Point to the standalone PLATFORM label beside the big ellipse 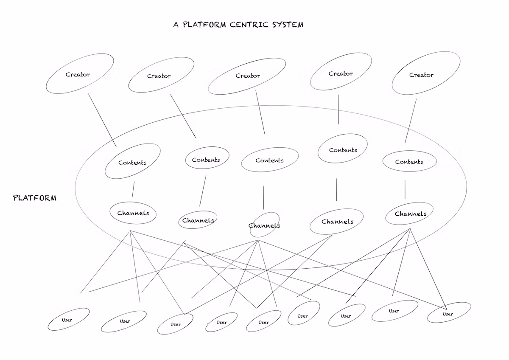pyautogui.click(x=35, y=198)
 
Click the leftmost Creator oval pyautogui.click(x=79, y=74)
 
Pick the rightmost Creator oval pyautogui.click(x=425, y=73)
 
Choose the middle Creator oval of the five pyautogui.click(x=247, y=76)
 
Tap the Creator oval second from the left pyautogui.click(x=161, y=76)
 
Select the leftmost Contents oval pyautogui.click(x=132, y=162)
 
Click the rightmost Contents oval pyautogui.click(x=409, y=161)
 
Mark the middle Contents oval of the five pyautogui.click(x=270, y=160)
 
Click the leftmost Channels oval pyautogui.click(x=133, y=213)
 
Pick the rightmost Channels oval pyautogui.click(x=410, y=214)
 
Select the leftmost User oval pyautogui.click(x=68, y=319)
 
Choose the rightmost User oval pyautogui.click(x=449, y=313)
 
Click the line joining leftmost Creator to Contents pyautogui.click(x=102, y=120)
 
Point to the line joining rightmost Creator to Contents pyautogui.click(x=410, y=121)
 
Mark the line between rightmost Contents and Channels pyautogui.click(x=405, y=189)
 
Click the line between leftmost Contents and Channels pyautogui.click(x=133, y=189)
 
